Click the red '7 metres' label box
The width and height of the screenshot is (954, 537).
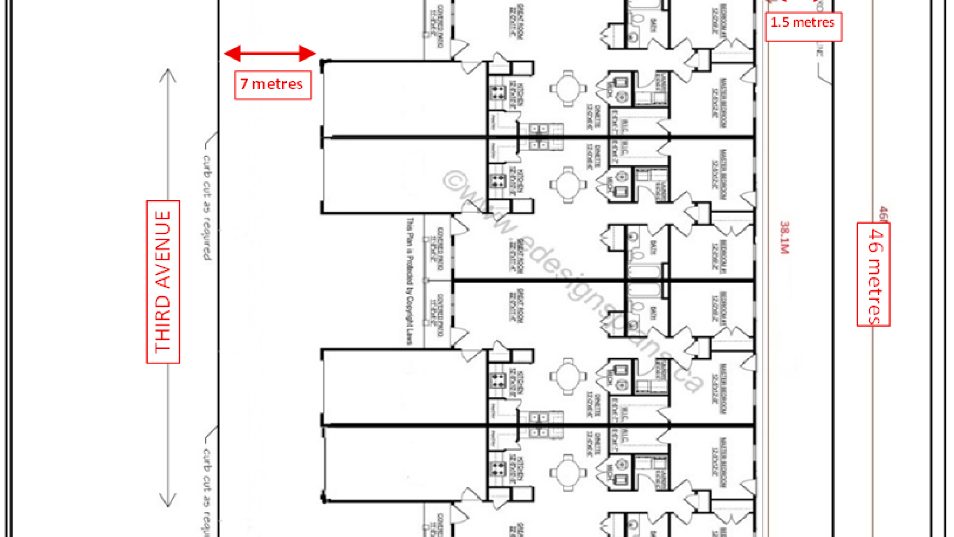click(272, 85)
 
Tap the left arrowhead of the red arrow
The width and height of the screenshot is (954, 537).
click(232, 53)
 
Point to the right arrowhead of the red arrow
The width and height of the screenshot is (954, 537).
click(308, 53)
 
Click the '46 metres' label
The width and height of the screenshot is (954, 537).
click(874, 274)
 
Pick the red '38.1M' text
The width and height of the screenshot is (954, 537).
click(784, 238)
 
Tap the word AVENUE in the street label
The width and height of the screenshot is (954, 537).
click(163, 250)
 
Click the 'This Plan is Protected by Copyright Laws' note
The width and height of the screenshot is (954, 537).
click(410, 281)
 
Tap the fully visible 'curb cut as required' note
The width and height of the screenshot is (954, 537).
click(207, 207)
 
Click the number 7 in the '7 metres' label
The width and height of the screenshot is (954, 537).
click(244, 84)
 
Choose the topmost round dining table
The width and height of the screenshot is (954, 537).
click(568, 89)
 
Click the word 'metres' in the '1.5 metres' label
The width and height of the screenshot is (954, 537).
click(813, 23)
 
